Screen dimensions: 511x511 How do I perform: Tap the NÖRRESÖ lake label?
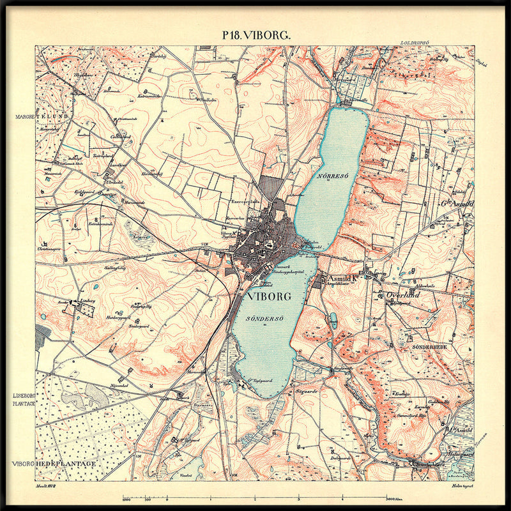click(331, 174)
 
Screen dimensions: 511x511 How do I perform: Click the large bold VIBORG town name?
click(264, 296)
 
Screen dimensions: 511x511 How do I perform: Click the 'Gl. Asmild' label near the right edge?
click(457, 204)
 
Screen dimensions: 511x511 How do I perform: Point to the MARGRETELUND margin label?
click(40, 117)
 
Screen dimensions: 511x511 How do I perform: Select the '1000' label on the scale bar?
click(126, 499)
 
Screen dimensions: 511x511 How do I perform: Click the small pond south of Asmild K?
click(332, 320)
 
